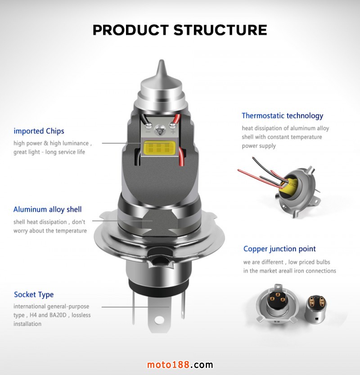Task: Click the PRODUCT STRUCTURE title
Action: pyautogui.click(x=180, y=30)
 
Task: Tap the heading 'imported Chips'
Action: pyautogui.click(x=39, y=131)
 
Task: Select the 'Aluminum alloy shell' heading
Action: pyautogui.click(x=47, y=209)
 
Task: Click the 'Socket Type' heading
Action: pyautogui.click(x=34, y=294)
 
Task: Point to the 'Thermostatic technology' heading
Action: pyautogui.click(x=282, y=116)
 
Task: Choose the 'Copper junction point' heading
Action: pyautogui.click(x=279, y=248)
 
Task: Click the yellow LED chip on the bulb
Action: pyautogui.click(x=159, y=148)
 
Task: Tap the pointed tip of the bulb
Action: pyautogui.click(x=162, y=62)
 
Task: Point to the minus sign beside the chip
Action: pyautogui.click(x=148, y=132)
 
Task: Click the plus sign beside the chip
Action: pyautogui.click(x=173, y=131)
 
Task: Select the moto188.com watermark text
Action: pyautogui.click(x=180, y=365)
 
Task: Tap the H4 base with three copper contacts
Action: pyautogui.click(x=277, y=303)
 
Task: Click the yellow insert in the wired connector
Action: pyautogui.click(x=288, y=186)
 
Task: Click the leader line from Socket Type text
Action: pyautogui.click(x=135, y=307)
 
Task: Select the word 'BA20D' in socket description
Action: pyautogui.click(x=58, y=315)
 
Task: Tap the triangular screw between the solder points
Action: pyautogui.click(x=159, y=131)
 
